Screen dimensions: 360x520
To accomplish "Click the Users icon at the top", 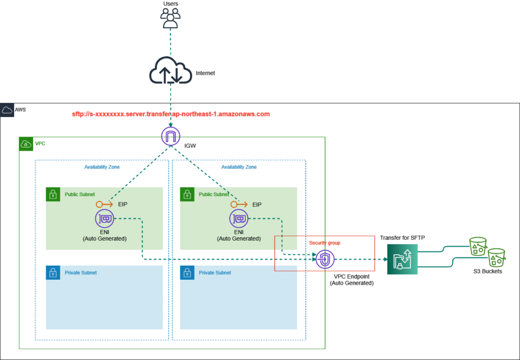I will coord(171,18).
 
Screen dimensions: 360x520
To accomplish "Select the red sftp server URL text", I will coord(171,114).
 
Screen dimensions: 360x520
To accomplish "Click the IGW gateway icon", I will coord(171,136).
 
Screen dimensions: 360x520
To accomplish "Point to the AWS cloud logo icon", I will coord(8,110).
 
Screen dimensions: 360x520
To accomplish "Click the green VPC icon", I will coord(26,144).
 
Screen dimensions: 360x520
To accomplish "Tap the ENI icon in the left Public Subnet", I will coord(105,219).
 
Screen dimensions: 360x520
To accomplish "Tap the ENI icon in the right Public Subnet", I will coord(239,219).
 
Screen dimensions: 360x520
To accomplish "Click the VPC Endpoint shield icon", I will coord(324,259).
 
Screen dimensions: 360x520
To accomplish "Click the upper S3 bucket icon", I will coord(478,247).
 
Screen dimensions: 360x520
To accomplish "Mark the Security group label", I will coord(325,242).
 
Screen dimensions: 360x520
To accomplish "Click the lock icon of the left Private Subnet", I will coord(53,272).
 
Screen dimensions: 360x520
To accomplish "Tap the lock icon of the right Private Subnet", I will coord(187,272).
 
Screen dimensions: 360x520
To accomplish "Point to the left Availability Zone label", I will coord(102,167).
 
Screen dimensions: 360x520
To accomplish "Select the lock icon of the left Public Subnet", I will coord(53,194).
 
